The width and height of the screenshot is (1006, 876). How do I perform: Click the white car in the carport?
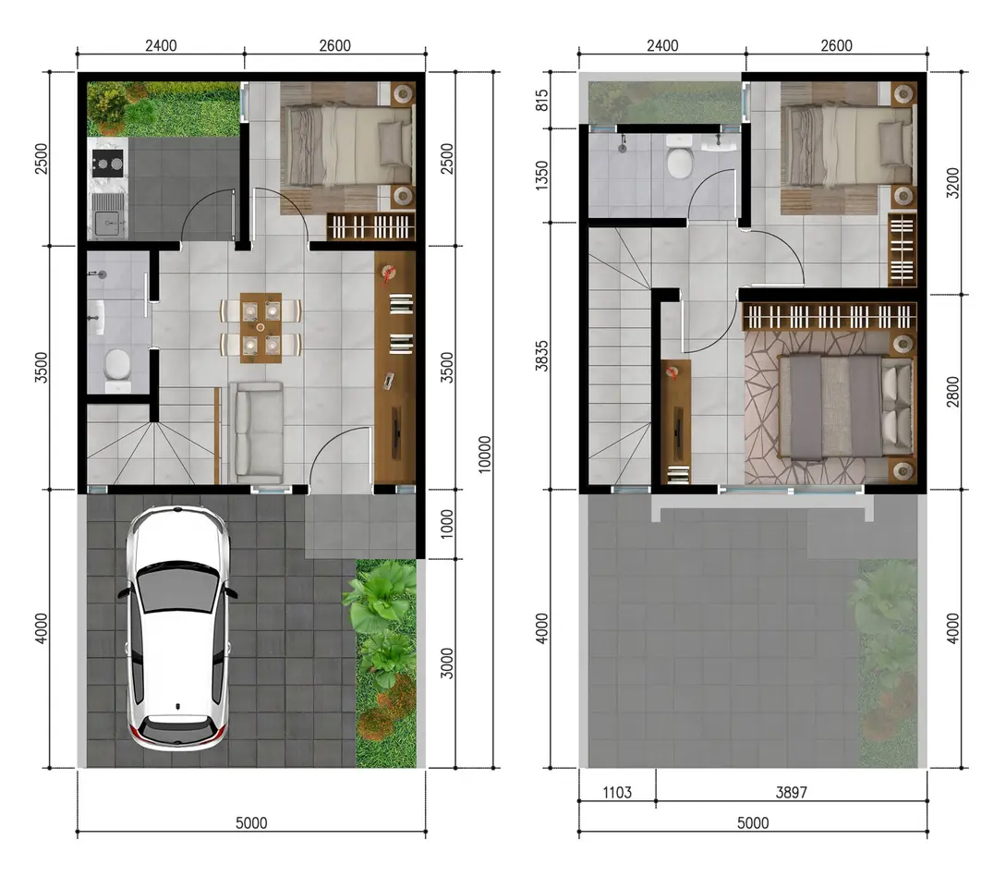click(x=177, y=628)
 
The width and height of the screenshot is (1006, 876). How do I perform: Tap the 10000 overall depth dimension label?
click(x=484, y=455)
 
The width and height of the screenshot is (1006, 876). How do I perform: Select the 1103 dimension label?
click(x=616, y=793)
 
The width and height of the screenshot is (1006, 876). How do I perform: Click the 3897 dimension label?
click(x=791, y=793)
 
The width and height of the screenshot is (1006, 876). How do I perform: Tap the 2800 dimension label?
click(x=952, y=392)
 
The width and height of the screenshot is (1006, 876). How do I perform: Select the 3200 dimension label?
click(x=952, y=183)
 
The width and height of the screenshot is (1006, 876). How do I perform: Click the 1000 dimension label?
click(x=447, y=524)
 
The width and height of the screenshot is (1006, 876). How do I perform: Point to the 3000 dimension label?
click(x=447, y=663)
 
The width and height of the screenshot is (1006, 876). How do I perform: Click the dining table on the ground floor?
click(x=261, y=328)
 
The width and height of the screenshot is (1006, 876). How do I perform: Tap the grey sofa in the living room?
click(x=257, y=432)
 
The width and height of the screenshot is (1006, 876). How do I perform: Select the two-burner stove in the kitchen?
click(x=107, y=164)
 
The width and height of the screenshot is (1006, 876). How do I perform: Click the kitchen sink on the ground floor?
click(x=107, y=216)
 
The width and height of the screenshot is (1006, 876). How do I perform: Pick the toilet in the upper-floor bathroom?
click(x=679, y=157)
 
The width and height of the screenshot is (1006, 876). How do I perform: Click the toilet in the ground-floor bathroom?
click(x=117, y=370)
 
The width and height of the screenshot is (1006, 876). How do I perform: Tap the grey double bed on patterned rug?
click(x=844, y=407)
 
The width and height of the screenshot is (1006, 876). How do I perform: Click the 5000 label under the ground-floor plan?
click(x=251, y=823)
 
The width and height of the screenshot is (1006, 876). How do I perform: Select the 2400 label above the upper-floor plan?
click(x=662, y=45)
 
